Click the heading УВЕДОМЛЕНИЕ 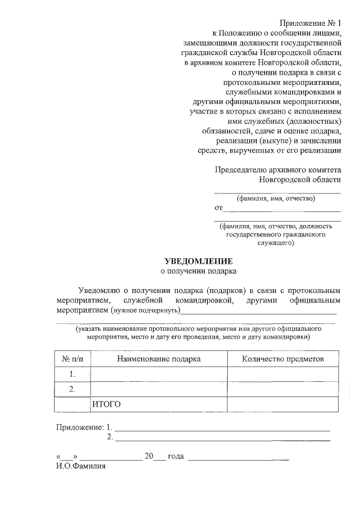[x=197, y=261]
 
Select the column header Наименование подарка [x=159, y=359]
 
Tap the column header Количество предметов [x=282, y=359]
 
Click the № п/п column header [x=72, y=359]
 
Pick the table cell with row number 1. [x=72, y=374]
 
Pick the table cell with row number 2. [x=72, y=389]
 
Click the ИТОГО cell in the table [x=107, y=404]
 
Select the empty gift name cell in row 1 [x=159, y=374]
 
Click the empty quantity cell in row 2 [x=282, y=389]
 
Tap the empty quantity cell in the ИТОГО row [x=282, y=404]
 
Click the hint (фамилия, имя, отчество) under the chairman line [x=276, y=198]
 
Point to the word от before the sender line [x=219, y=208]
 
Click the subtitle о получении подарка [x=198, y=271]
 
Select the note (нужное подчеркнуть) [x=145, y=310]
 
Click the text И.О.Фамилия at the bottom [x=81, y=466]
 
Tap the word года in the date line [x=175, y=456]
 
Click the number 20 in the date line [x=148, y=456]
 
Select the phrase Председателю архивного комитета [x=278, y=169]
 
